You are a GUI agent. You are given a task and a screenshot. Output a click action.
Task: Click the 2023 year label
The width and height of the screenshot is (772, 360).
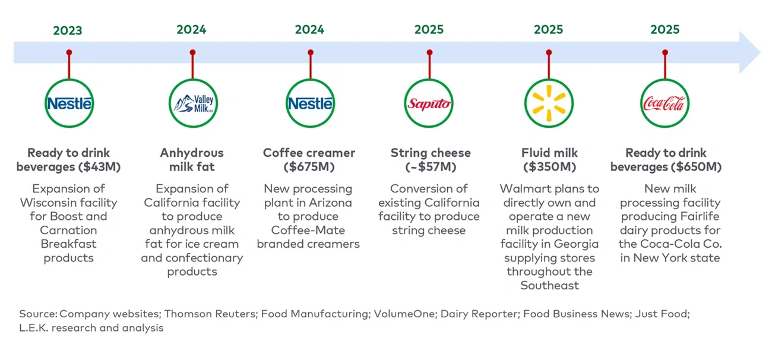[x=68, y=30]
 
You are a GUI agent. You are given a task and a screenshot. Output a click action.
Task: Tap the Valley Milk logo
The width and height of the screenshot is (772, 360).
[x=192, y=104]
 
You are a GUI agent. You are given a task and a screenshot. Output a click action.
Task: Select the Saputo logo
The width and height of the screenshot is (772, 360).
[x=429, y=104]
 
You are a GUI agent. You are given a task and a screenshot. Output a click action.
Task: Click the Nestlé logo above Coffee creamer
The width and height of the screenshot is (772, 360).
[x=309, y=104]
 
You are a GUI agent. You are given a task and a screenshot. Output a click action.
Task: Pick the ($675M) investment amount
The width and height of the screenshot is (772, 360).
[x=309, y=167]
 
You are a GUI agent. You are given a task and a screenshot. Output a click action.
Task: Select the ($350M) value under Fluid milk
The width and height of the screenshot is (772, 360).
[x=548, y=167]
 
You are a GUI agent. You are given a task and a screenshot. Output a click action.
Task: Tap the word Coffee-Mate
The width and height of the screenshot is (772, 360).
[x=308, y=230]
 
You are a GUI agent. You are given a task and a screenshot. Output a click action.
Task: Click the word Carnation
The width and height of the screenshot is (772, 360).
[x=68, y=230]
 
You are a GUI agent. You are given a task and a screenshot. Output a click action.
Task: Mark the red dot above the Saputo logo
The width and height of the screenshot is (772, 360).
[x=429, y=53]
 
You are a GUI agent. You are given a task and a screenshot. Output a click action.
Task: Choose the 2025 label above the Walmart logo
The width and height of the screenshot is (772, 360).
[x=548, y=30]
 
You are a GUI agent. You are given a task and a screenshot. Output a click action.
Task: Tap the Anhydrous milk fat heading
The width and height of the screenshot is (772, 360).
[x=192, y=160]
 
